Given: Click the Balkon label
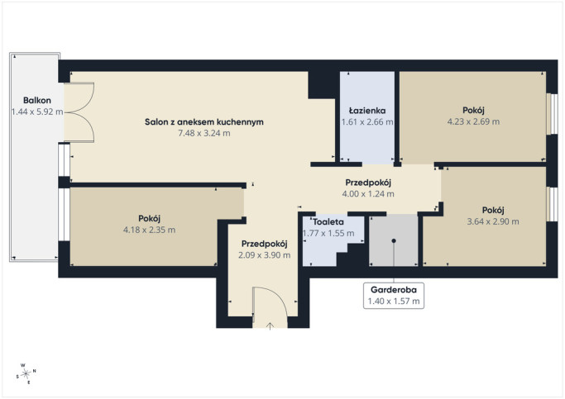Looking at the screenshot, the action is point(37,101).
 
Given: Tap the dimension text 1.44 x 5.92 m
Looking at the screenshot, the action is point(37,112).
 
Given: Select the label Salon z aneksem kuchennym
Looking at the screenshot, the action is point(204,122).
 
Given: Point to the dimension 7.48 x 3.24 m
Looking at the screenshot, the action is point(204,133).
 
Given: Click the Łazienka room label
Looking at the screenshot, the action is point(367,111).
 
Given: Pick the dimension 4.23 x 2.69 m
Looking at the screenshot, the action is point(473,121).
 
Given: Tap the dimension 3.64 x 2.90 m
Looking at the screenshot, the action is point(493,221).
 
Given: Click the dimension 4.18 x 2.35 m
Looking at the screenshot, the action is point(149,230).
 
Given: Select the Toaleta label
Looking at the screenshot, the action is point(328,222).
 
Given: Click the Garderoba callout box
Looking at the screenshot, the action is point(394,296).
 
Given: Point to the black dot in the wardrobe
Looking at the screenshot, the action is point(394,240).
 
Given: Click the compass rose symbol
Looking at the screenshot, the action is point(26,374).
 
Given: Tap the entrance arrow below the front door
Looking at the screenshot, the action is point(270,325).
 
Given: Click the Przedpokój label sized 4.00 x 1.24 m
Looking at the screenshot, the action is point(368,183).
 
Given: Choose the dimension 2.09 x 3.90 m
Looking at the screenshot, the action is point(264,255).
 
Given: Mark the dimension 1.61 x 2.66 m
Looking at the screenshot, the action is point(367,122).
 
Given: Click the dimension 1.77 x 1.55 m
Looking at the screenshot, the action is point(328,233).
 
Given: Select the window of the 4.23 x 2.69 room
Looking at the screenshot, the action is point(552,114).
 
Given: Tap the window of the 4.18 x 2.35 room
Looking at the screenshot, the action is point(65,215).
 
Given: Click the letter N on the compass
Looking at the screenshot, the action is point(35,371).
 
